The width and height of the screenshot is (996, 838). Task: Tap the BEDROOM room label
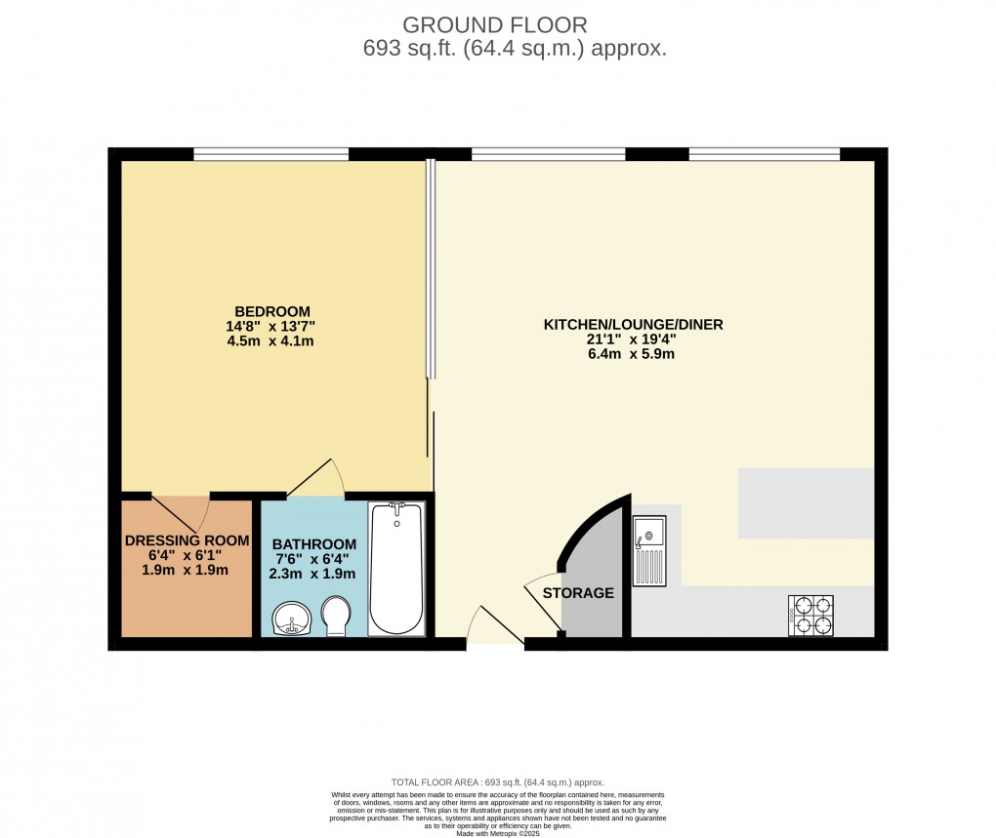point(270,311)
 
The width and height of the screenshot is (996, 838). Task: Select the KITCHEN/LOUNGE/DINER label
point(633,324)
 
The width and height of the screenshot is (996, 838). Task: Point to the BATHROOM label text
point(314,544)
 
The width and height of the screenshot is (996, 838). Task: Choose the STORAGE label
point(578,592)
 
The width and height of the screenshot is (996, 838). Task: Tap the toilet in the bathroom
point(337,618)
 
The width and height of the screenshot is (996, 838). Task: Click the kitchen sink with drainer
point(649,551)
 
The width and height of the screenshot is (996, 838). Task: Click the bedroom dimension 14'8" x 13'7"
point(270,327)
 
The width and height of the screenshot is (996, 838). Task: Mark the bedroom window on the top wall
point(270,153)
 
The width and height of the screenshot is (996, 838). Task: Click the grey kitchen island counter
point(806,502)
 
